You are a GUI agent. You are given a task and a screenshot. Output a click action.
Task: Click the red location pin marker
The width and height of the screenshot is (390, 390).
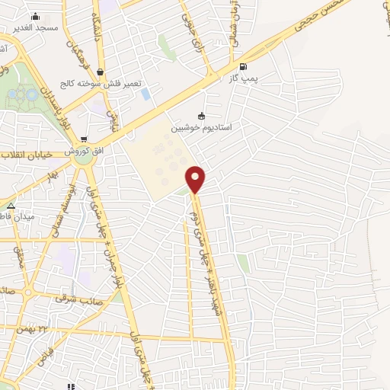(196, 180)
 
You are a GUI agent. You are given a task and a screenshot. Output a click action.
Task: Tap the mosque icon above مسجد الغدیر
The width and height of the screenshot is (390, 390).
(34, 16)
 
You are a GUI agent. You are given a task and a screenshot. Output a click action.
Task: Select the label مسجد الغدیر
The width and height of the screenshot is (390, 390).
(35, 27)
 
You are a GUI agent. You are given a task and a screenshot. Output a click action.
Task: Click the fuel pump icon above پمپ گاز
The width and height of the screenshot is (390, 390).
(243, 66)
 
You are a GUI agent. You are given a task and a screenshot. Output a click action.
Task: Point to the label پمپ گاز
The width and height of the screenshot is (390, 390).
(243, 78)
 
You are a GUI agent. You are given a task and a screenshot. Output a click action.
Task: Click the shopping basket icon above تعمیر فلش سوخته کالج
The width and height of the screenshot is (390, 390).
(100, 72)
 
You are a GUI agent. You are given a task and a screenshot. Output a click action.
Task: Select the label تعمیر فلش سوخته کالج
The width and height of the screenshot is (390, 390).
(100, 83)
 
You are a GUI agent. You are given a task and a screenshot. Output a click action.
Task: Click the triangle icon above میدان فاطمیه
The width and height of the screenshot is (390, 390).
(11, 206)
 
